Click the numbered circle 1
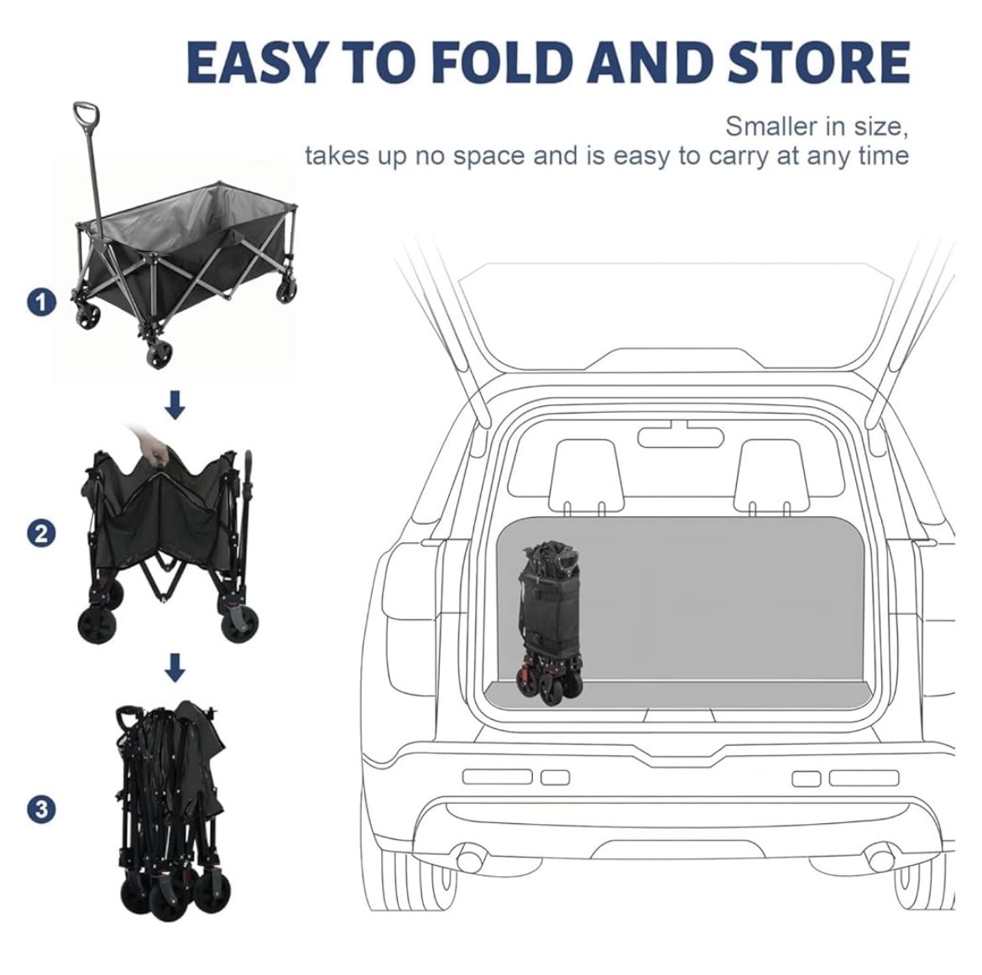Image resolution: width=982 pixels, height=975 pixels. (41, 303)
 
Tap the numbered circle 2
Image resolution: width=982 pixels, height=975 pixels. (41, 534)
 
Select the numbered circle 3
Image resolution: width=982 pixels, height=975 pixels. (41, 809)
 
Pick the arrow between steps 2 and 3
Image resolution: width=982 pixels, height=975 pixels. (175, 668)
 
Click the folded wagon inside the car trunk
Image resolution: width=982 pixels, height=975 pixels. (550, 623)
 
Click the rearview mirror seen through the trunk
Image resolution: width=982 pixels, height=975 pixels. (679, 435)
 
